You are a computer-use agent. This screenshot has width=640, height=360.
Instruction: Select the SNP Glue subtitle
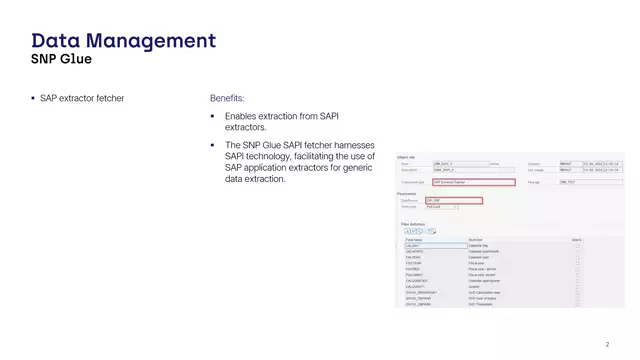[61, 59]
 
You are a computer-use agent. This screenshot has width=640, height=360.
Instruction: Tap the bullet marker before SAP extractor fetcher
[33, 99]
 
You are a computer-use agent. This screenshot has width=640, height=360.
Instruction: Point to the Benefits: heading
[227, 99]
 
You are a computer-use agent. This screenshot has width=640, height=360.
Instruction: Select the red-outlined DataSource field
[453, 200]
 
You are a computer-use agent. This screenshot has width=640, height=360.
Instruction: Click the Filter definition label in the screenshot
[414, 224]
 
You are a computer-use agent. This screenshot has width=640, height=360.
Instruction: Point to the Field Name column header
[414, 240]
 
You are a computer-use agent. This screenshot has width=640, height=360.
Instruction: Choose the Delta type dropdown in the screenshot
[441, 207]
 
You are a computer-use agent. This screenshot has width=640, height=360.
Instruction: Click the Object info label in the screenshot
[406, 157]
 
